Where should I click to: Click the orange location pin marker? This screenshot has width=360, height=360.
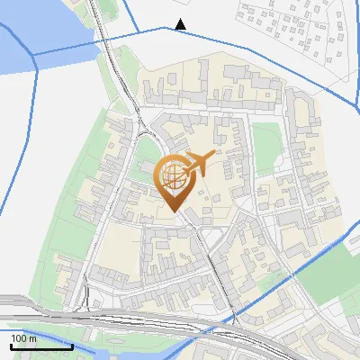pyautogui.click(x=175, y=180)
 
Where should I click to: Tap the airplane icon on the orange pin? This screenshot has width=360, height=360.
pyautogui.click(x=200, y=163)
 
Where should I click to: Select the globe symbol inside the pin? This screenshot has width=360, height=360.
pyautogui.click(x=174, y=175)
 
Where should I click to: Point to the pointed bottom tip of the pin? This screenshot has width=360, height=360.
pyautogui.click(x=175, y=211)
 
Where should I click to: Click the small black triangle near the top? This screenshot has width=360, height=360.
pyautogui.click(x=181, y=24)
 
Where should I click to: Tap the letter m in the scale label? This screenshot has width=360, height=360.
pyautogui.click(x=32, y=339)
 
